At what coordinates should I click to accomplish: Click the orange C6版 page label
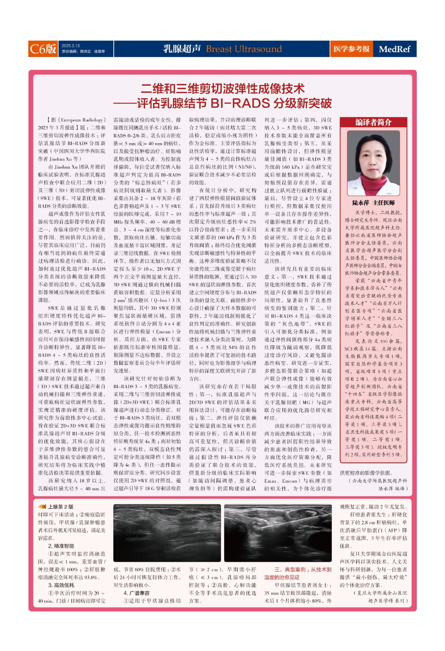point(43,49)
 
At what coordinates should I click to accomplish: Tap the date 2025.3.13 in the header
point(71,45)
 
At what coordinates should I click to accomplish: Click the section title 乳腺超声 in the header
point(182,49)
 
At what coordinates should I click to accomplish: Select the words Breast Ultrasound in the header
point(243,49)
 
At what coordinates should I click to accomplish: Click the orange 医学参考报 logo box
point(351,49)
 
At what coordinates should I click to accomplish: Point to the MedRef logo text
point(394,49)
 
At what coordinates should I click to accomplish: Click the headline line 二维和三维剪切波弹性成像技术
point(223,88)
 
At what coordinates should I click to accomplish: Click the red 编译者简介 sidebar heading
point(373,122)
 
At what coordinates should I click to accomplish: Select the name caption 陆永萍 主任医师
point(373,203)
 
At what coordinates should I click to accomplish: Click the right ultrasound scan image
point(277,533)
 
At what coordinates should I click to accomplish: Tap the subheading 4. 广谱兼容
point(136,593)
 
